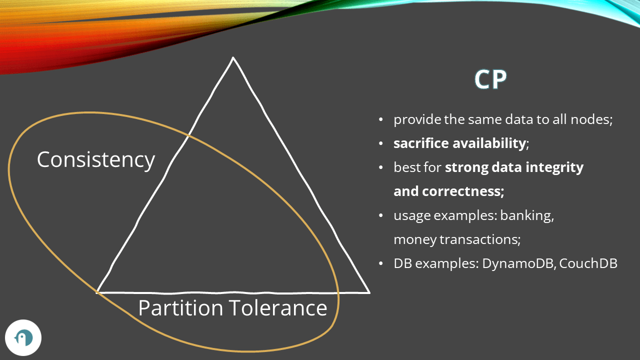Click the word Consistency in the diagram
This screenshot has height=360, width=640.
click(x=96, y=160)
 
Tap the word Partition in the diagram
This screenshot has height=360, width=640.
click(x=180, y=308)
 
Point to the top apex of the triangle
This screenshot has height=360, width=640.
click(x=233, y=58)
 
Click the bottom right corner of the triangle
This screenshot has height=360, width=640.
click(x=368, y=292)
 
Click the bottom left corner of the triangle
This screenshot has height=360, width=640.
click(x=97, y=291)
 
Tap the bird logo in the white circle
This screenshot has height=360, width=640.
click(x=23, y=338)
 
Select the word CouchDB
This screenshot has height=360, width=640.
click(x=588, y=263)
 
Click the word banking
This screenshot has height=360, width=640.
click(x=526, y=215)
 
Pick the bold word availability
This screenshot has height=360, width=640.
click(x=489, y=143)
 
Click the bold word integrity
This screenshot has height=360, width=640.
click(x=558, y=167)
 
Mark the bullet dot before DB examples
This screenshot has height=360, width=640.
click(x=381, y=263)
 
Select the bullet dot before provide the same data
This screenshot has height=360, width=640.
click(x=381, y=120)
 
